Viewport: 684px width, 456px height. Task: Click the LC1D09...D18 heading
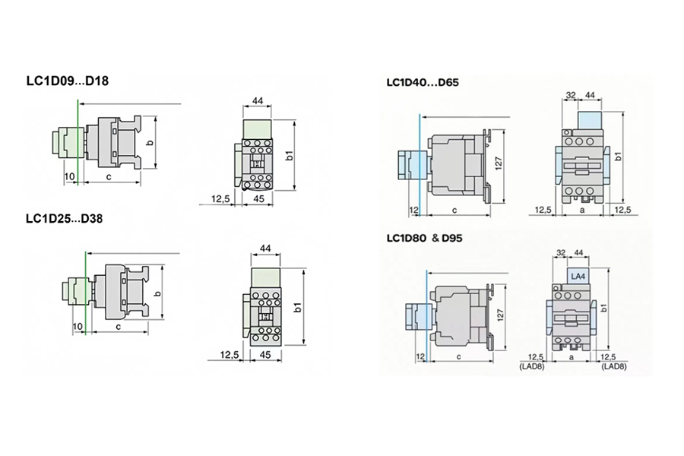(x=68, y=81)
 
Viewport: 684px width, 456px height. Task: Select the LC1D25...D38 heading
(x=65, y=218)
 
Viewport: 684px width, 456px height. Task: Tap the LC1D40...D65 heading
(x=423, y=82)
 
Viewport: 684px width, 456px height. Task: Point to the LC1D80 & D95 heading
(x=424, y=238)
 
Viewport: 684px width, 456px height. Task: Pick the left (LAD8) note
(x=532, y=366)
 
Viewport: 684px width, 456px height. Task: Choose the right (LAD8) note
(x=614, y=366)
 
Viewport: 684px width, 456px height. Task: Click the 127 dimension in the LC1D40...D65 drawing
(x=499, y=163)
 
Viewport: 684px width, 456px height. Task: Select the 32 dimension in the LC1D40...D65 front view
(x=571, y=95)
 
